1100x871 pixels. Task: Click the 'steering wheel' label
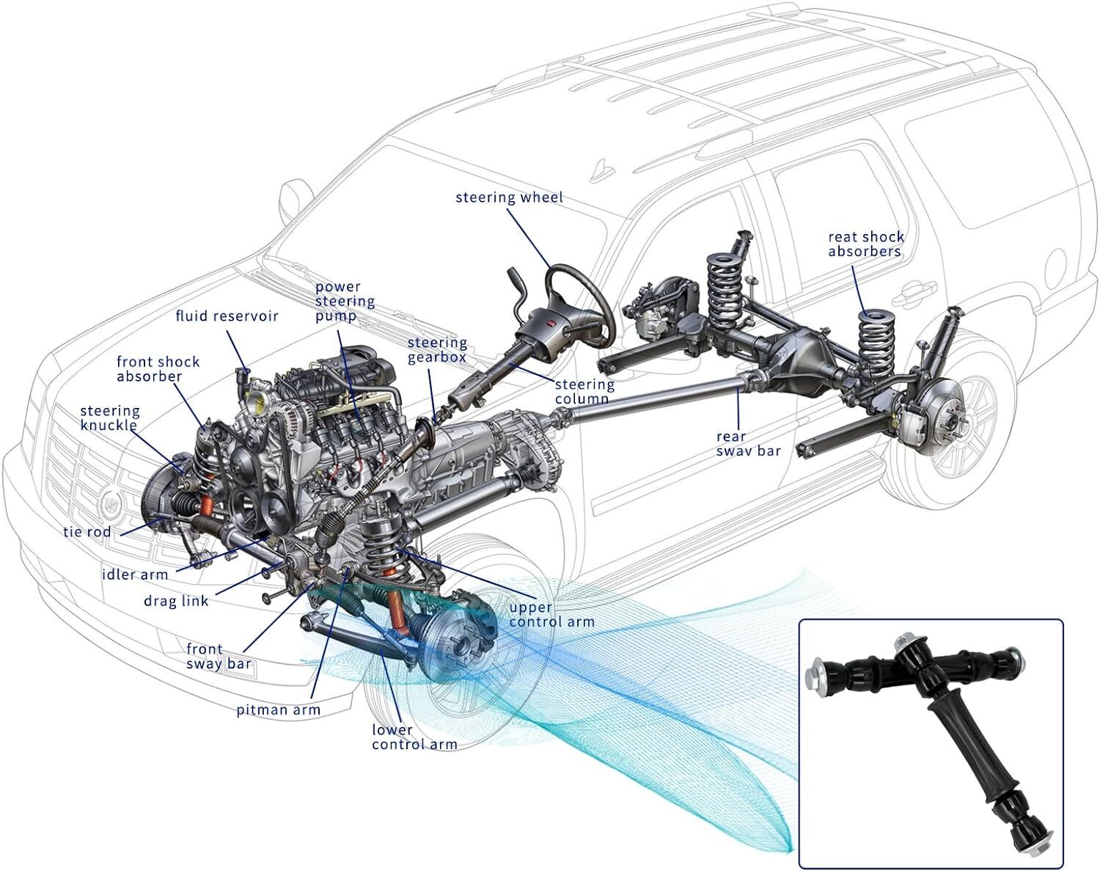(509, 197)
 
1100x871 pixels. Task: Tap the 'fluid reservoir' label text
(227, 316)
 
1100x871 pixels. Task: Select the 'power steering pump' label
(345, 301)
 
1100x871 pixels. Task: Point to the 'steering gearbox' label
(437, 349)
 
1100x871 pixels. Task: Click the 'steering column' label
(584, 391)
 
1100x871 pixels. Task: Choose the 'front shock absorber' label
(158, 368)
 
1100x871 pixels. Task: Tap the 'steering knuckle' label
(109, 418)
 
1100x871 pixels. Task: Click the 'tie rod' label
(87, 531)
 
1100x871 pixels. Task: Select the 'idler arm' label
(135, 574)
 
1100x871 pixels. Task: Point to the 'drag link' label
(176, 601)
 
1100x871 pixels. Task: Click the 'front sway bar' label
(219, 657)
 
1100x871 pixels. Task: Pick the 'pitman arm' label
(278, 710)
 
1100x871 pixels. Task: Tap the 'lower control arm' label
(414, 737)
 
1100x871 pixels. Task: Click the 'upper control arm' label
(551, 614)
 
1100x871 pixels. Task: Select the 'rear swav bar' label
(748, 443)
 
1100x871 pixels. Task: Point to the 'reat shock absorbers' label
(865, 244)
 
